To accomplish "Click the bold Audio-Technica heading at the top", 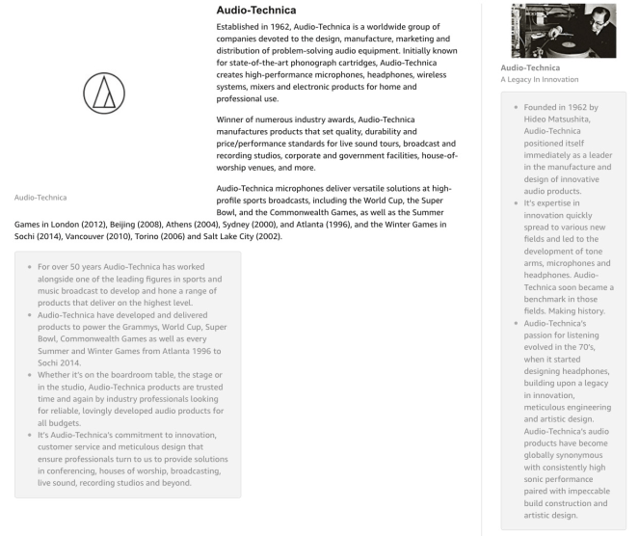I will pos(266,10).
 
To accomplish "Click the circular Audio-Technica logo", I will pos(104,94).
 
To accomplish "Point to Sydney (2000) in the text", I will pos(262,224).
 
